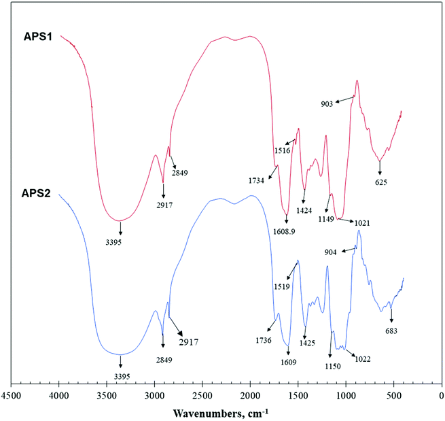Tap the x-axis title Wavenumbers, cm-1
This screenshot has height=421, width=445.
coord(221,412)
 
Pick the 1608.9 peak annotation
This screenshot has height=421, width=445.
coord(289,231)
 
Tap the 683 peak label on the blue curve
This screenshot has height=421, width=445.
coord(391,331)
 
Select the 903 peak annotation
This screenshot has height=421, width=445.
coord(329,104)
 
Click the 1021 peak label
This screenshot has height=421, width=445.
coord(361,223)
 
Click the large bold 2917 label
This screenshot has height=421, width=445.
coord(188,341)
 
